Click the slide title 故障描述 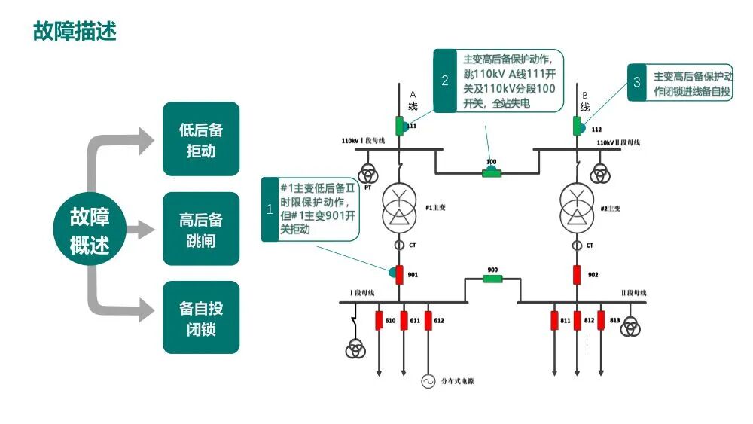coord(75,31)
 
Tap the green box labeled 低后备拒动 coord(201,139)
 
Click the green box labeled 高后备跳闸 coord(201,230)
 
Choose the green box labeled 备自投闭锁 coord(201,318)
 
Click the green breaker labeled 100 coord(492,173)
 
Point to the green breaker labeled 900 coord(492,279)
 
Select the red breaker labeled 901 coord(401,275)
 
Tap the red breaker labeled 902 coord(578,275)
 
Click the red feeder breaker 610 coord(380,321)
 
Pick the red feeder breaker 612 coord(428,321)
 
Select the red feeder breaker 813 coord(601,321)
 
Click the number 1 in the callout coord(270,210)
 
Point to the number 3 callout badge coord(637,82)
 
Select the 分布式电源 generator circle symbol coord(428,381)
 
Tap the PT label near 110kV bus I coord(367,187)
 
